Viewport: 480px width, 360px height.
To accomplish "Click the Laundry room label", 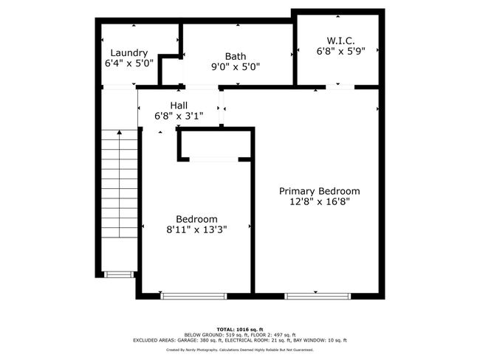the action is [x=129, y=53].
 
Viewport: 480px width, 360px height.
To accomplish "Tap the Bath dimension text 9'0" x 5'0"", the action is [x=236, y=66].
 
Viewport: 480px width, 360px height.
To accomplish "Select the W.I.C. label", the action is [x=340, y=41].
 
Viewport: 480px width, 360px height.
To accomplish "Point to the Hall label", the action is [x=179, y=105].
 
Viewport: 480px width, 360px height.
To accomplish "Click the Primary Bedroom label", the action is [x=319, y=191].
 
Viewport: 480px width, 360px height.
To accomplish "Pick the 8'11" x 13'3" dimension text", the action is [x=196, y=229].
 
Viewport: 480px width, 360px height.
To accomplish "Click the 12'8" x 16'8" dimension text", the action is [x=319, y=201].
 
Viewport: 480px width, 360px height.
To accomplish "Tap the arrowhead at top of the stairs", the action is [x=120, y=132].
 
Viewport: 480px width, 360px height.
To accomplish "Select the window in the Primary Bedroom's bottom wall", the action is [x=318, y=296].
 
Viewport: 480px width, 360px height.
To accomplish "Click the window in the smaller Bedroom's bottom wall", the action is [x=193, y=296].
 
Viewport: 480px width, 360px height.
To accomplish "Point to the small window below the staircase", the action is [x=119, y=274].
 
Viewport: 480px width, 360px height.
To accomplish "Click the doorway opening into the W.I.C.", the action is [x=340, y=87].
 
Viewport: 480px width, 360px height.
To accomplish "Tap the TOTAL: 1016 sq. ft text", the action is [x=240, y=330].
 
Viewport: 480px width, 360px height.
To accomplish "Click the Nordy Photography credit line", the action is [x=240, y=350].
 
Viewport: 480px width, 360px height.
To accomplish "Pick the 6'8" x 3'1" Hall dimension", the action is [x=179, y=116].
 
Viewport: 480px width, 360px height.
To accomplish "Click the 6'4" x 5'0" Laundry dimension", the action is [x=129, y=63].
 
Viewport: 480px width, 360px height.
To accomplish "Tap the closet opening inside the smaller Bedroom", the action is [x=213, y=159].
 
